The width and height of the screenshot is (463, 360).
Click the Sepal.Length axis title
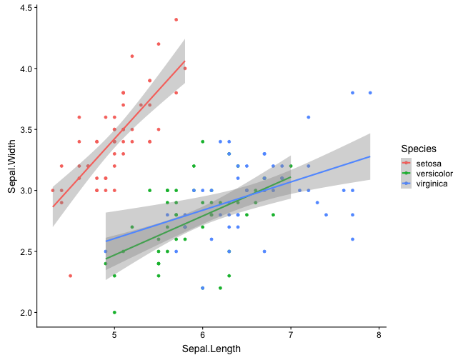pos(211,349)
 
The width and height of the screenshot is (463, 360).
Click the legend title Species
pos(419,149)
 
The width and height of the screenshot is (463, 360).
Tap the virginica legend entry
pos(427,184)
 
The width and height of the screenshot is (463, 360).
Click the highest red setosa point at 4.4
pos(176,19)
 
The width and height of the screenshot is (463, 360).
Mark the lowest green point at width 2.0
pos(114,312)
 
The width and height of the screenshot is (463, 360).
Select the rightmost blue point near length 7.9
pos(370,93)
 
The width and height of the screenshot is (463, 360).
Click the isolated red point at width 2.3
pos(70,276)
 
